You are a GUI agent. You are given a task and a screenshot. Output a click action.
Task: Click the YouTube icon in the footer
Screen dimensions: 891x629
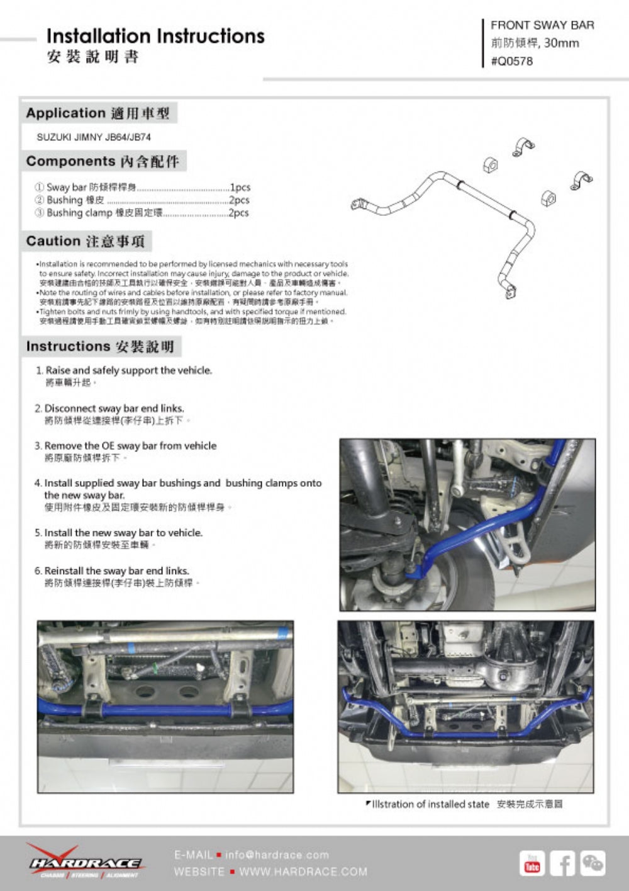coord(532,863)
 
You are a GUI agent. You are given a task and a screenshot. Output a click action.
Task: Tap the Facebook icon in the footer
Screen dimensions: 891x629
coord(562,863)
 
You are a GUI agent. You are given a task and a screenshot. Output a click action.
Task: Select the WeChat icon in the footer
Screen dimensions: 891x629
coord(593,863)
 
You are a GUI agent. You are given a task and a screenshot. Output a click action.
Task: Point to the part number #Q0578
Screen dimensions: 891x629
coord(511,61)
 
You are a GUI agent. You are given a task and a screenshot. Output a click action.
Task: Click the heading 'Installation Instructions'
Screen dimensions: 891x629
coord(155,36)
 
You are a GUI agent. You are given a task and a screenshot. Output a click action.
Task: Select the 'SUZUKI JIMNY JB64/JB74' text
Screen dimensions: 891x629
coord(94,137)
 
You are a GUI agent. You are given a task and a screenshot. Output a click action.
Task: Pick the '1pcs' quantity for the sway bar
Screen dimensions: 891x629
coord(240,187)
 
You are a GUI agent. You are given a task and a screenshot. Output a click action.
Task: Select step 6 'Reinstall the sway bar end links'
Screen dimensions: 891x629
coord(116,570)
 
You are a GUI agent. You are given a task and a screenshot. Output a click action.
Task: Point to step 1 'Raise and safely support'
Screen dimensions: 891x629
coord(128,370)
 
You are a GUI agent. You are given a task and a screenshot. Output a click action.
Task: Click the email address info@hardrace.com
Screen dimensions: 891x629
coord(277,854)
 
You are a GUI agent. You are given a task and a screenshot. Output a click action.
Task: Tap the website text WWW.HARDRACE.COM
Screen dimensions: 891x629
coord(303,871)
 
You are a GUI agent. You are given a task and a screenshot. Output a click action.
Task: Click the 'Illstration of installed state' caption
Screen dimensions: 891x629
coord(430,804)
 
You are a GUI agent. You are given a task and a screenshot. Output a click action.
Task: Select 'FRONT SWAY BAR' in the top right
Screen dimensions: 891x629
coord(542,25)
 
